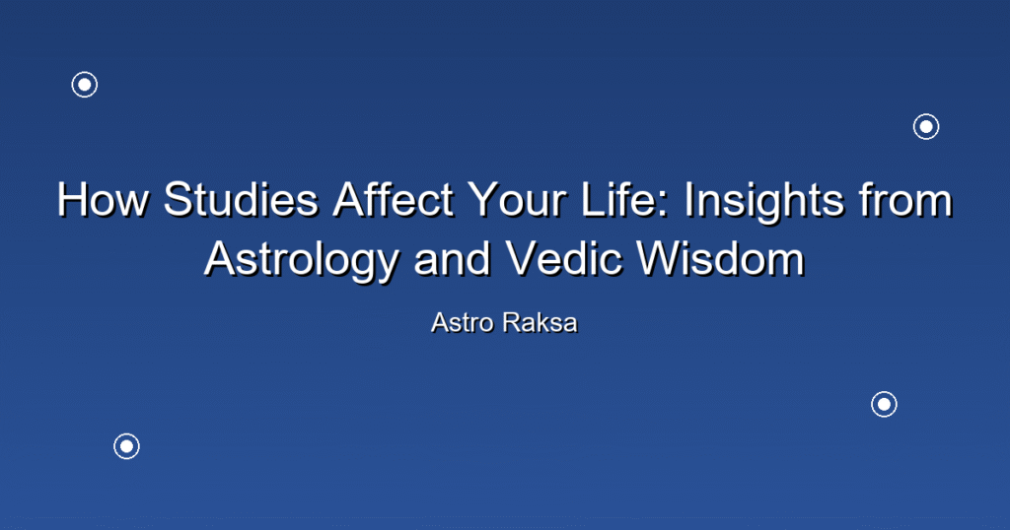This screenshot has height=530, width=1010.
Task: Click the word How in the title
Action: [103, 199]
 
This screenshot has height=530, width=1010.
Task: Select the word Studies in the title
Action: [241, 199]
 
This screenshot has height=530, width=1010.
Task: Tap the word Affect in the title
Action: [393, 199]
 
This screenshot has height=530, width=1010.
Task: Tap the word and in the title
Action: [452, 258]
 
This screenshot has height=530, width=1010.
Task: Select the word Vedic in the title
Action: [564, 258]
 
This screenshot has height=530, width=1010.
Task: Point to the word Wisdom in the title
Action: [721, 258]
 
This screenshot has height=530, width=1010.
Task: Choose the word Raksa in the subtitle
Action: [541, 323]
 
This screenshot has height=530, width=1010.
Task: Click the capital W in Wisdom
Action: [659, 258]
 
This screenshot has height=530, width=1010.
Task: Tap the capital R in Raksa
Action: [513, 323]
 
